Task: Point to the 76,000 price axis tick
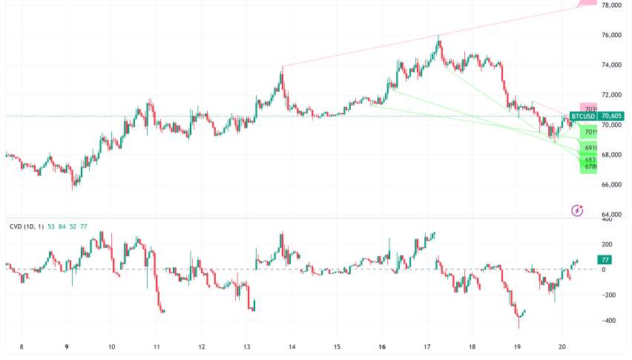coord(611,36)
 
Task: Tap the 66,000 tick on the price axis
coord(611,184)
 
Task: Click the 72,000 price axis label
coord(611,95)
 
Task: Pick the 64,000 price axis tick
coord(611,215)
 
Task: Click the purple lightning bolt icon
coord(577,211)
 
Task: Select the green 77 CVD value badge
coord(605,260)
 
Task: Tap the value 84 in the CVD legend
coord(62,226)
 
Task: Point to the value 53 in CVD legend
coord(50,226)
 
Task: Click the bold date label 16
coord(381,347)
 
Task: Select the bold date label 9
coord(67,347)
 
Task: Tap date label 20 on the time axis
coord(562,347)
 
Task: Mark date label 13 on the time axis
coord(247,347)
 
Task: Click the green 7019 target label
coord(590,132)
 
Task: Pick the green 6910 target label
coord(590,148)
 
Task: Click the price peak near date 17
coord(439,36)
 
